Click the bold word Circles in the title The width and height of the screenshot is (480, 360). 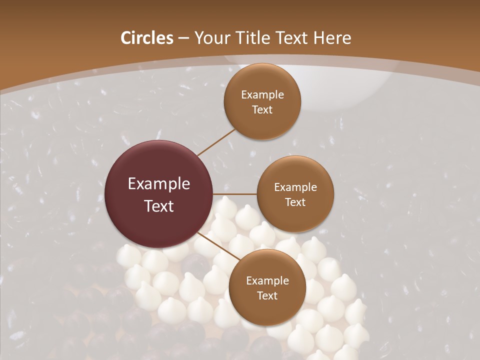(x=146, y=38)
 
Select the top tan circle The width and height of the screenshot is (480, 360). (x=262, y=101)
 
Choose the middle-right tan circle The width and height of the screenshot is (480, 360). (x=295, y=194)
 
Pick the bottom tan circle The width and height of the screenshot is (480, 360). (x=267, y=287)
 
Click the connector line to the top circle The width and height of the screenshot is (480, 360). (x=216, y=142)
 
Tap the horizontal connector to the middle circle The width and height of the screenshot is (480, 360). (x=235, y=194)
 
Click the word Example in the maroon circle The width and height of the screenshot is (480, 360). (x=159, y=184)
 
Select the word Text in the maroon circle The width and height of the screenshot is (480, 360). (x=159, y=206)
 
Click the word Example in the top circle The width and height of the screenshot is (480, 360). (x=262, y=94)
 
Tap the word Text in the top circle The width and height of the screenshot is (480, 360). (x=262, y=109)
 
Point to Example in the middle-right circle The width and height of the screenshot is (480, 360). (x=295, y=187)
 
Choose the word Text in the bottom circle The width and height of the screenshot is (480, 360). (x=267, y=295)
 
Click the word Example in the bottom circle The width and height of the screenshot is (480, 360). (x=267, y=280)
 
